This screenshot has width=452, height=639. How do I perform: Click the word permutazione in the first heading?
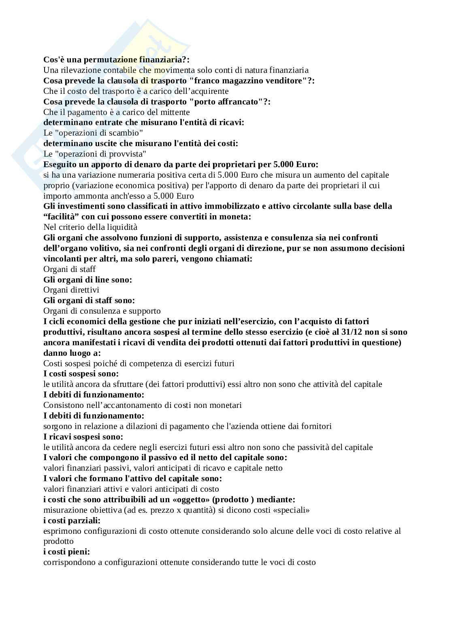point(104,59)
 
